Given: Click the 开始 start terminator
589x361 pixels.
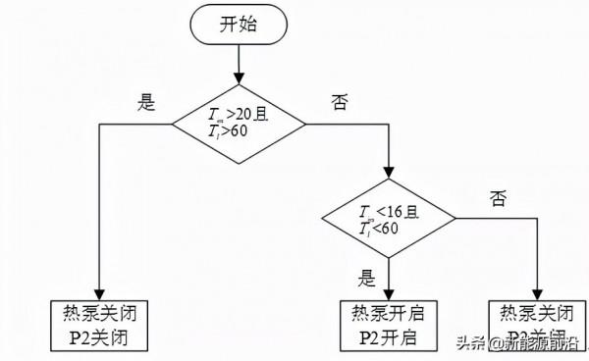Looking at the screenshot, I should (x=239, y=26).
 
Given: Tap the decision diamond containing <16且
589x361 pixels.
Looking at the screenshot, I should (x=390, y=221).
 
